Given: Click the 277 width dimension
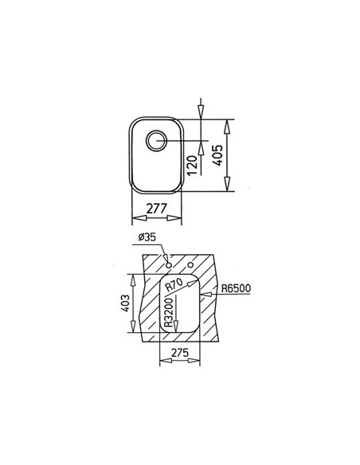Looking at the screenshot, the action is click(157, 209).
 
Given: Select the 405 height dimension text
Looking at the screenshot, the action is click(218, 155).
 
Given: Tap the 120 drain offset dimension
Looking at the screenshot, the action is click(192, 166).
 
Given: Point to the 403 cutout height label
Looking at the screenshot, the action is click(125, 303).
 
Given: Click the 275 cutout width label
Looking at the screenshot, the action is click(180, 353).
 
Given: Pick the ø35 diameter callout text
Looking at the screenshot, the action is click(147, 237).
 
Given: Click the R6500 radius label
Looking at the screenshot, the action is click(236, 288).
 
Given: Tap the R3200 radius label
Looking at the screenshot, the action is click(168, 312).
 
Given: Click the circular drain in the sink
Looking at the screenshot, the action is click(156, 140).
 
